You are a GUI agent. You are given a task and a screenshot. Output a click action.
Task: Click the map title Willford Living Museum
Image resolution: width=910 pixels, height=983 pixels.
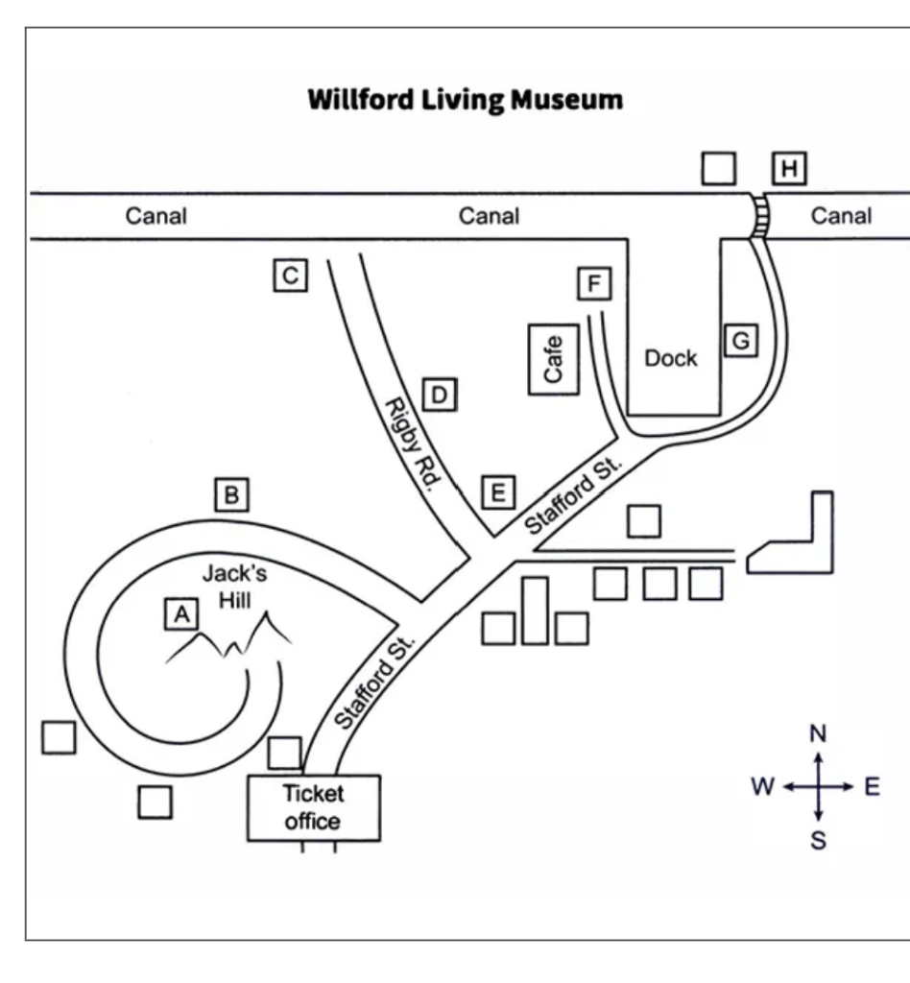(464, 99)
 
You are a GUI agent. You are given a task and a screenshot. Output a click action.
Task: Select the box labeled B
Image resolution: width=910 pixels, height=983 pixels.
(231, 493)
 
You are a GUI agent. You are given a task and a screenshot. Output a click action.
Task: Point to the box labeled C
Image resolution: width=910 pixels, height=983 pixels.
(290, 276)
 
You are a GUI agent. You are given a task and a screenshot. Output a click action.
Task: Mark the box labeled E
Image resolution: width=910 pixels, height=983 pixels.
(497, 491)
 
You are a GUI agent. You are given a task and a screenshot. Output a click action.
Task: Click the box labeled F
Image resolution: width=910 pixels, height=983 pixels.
(594, 284)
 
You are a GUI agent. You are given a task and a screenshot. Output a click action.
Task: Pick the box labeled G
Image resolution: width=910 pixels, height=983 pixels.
(740, 340)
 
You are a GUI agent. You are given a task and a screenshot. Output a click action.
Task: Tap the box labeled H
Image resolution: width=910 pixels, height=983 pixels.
(789, 170)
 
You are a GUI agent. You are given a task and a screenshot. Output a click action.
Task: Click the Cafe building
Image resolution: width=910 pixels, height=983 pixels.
(554, 359)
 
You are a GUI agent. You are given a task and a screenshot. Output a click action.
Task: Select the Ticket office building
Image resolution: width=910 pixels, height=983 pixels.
(313, 807)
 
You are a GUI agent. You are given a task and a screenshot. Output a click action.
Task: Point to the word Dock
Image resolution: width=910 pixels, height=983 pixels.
(671, 358)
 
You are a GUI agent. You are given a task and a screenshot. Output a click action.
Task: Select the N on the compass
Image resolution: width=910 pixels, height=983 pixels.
(817, 734)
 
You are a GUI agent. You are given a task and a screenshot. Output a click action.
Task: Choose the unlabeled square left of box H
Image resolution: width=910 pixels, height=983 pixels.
(718, 169)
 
